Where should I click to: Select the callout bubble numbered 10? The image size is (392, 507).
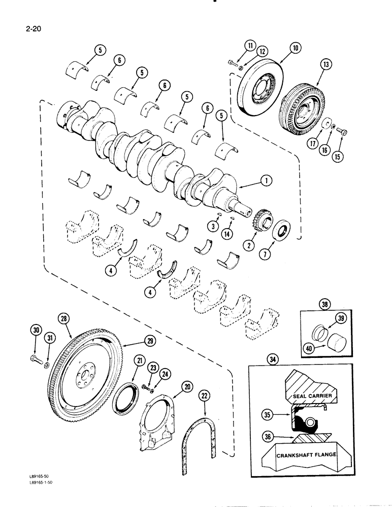click(296, 48)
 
